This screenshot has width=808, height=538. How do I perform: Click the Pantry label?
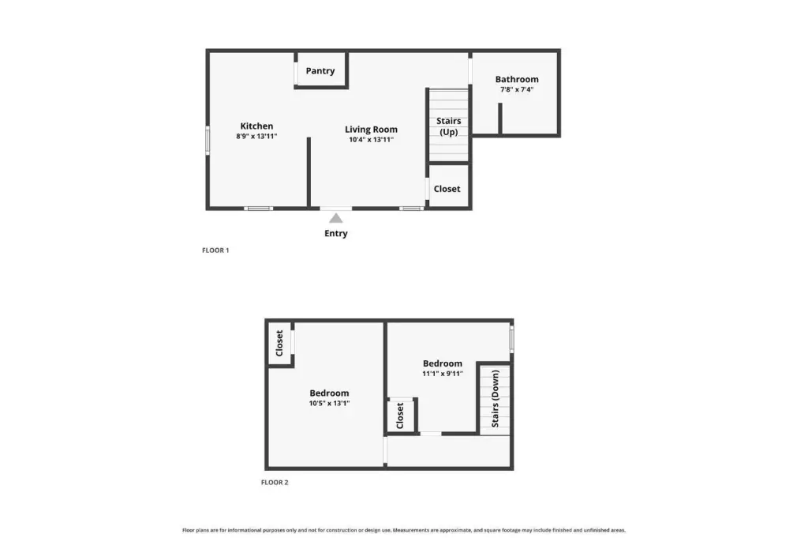click(x=320, y=70)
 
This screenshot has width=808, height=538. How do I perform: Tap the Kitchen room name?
click(x=256, y=126)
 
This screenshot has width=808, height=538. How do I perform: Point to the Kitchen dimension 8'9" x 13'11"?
click(x=256, y=136)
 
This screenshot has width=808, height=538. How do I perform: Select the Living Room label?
click(x=371, y=130)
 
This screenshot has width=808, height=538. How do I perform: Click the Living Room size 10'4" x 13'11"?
click(x=371, y=139)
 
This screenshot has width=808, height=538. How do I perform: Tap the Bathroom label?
click(x=517, y=79)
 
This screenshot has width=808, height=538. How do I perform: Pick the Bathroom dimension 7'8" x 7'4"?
click(x=517, y=89)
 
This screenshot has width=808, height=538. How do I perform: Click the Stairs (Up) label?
click(x=449, y=126)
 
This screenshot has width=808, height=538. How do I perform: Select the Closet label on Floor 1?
click(x=447, y=189)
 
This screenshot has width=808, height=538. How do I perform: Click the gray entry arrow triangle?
click(x=336, y=218)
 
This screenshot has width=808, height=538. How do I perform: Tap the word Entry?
click(x=336, y=233)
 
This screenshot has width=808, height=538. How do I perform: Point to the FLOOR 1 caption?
click(x=215, y=250)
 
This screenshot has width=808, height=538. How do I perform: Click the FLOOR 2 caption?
click(x=275, y=482)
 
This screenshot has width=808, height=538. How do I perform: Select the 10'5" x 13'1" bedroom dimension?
click(x=329, y=404)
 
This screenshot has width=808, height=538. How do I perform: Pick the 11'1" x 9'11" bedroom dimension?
click(x=443, y=374)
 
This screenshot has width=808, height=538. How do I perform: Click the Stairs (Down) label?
click(x=496, y=399)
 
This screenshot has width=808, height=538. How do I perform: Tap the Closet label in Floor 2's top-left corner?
click(x=279, y=343)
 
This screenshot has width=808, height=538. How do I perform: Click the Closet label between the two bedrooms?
click(x=400, y=416)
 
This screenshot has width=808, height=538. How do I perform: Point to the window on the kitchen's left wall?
click(x=208, y=141)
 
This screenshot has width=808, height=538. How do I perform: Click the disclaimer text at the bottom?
click(x=404, y=530)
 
